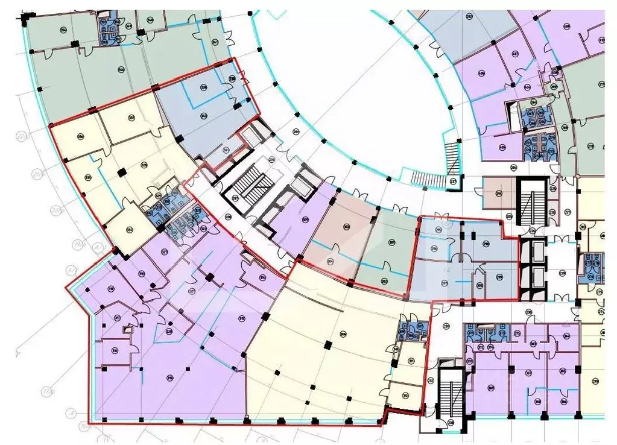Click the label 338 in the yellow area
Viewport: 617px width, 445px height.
point(144,164)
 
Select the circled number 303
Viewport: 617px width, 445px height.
point(346,227)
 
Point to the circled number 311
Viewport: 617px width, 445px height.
point(411,361)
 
